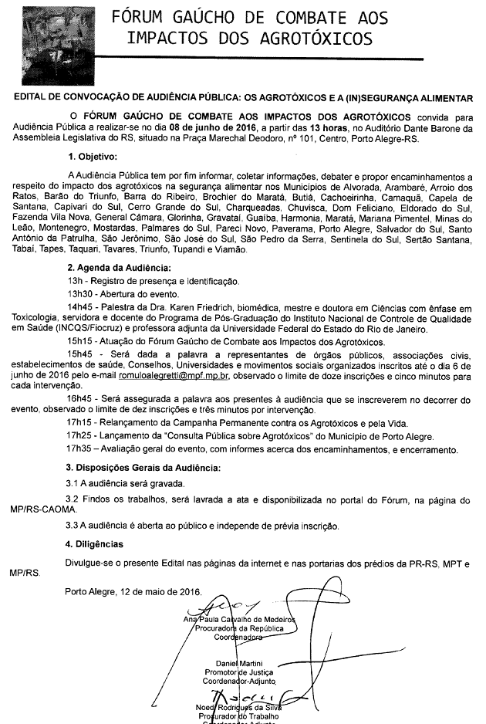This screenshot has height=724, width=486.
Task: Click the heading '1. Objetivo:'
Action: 92,157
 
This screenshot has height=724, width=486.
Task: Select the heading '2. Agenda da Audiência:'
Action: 119,268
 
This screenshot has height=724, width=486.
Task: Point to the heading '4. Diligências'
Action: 95,543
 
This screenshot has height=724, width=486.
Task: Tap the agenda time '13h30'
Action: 80,294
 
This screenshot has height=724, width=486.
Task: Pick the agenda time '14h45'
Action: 80,306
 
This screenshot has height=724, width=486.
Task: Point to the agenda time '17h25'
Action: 80,435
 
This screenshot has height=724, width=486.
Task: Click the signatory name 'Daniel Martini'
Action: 239,665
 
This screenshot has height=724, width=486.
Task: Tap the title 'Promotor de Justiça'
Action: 238,674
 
